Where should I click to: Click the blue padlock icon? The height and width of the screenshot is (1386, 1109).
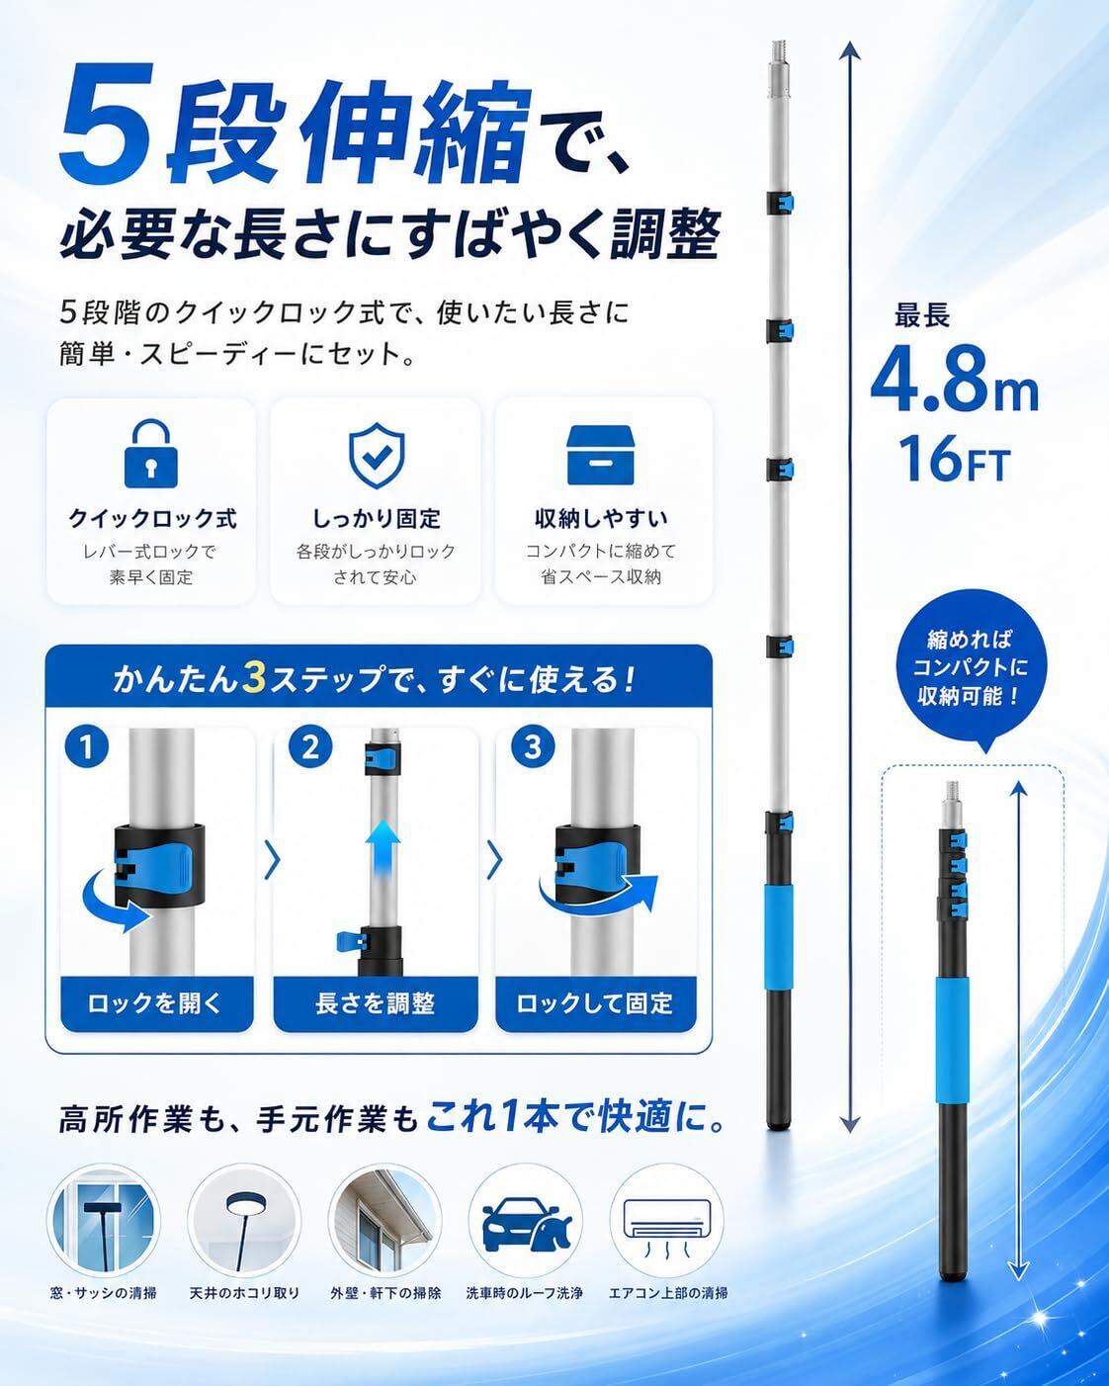click(150, 454)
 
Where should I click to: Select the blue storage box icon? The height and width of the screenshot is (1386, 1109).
click(600, 454)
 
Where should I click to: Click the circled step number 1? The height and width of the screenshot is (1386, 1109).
click(87, 747)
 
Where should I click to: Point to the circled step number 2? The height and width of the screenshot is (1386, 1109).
click(309, 747)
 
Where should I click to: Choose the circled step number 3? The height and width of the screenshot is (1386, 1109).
click(533, 747)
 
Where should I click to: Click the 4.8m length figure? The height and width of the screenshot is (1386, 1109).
click(955, 382)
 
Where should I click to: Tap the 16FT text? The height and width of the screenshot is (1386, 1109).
click(955, 460)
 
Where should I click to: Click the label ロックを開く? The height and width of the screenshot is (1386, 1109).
click(156, 1003)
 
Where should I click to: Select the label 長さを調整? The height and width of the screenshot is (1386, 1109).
click(376, 1003)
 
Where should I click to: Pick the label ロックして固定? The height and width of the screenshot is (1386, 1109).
click(595, 1003)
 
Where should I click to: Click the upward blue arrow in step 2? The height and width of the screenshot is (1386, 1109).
click(383, 847)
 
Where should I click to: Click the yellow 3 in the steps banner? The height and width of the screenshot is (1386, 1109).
click(254, 679)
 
